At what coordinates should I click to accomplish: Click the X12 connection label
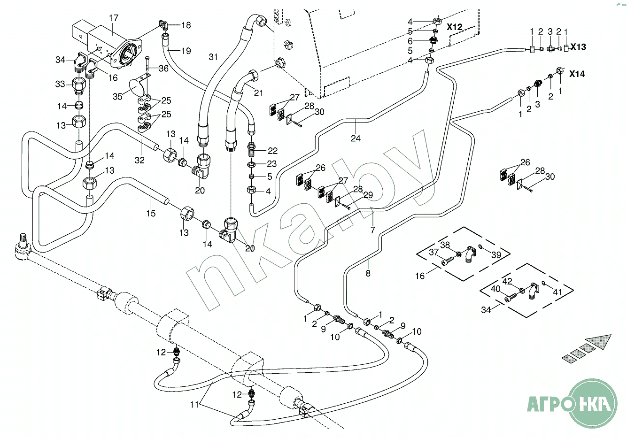click(454, 27)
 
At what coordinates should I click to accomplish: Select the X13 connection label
click(578, 47)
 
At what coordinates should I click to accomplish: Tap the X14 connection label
click(577, 74)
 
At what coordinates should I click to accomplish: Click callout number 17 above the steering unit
click(114, 18)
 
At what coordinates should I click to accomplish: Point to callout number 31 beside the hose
click(213, 57)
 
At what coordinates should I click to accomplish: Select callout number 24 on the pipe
click(356, 138)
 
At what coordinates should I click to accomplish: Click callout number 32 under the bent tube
click(139, 160)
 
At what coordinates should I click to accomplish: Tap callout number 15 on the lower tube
click(151, 213)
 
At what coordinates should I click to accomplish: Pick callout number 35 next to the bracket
click(117, 97)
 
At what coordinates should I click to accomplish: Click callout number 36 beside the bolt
click(163, 68)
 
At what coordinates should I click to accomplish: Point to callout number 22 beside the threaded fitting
click(272, 151)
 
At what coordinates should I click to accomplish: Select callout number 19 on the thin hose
click(186, 51)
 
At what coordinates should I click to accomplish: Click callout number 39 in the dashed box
click(496, 255)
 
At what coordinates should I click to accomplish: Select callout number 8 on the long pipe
click(368, 273)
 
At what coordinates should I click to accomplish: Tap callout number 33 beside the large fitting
click(60, 84)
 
